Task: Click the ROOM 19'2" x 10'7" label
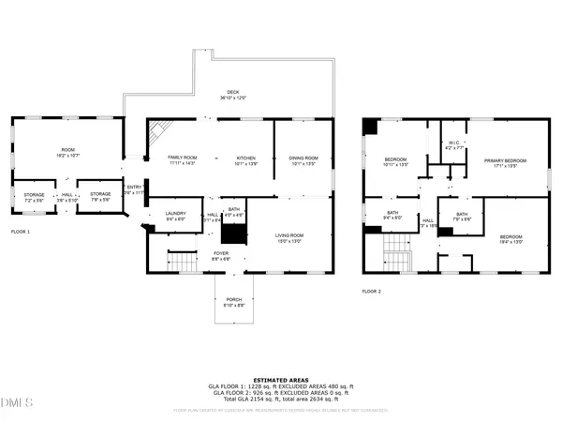point(67,153)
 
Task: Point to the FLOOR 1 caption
point(21,231)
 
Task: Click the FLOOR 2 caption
point(372,292)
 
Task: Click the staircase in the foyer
point(179,260)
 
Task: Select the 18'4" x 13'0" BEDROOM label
point(510,239)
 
